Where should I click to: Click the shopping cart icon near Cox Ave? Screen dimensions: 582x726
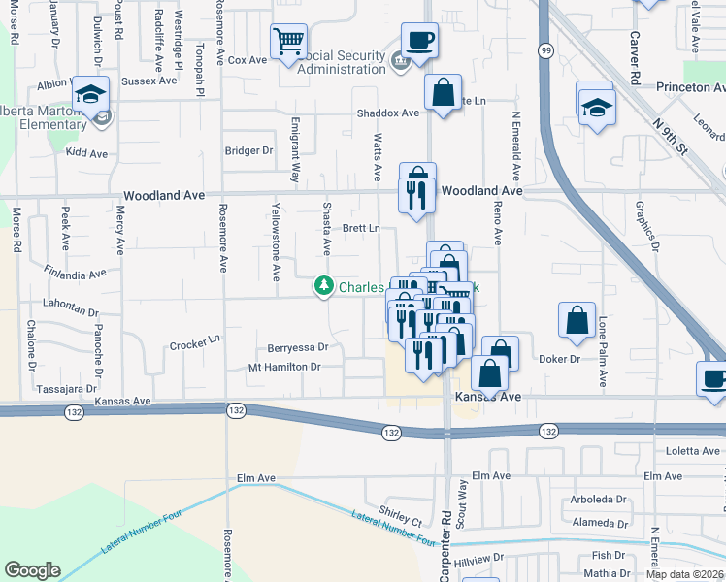288,42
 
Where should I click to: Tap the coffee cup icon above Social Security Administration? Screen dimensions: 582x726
419,40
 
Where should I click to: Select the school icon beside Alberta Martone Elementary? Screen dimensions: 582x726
90,95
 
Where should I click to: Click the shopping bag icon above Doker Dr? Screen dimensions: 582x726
577,320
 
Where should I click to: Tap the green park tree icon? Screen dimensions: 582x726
323,286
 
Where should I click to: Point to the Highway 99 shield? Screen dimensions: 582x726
546,49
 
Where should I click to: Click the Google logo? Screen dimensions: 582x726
32,569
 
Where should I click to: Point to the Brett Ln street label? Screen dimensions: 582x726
360,228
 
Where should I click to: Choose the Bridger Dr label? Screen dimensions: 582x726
249,150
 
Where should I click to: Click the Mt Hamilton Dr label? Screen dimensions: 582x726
284,367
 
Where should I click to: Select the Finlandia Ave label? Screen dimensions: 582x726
75,275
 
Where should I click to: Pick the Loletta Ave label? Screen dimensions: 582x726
691,451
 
